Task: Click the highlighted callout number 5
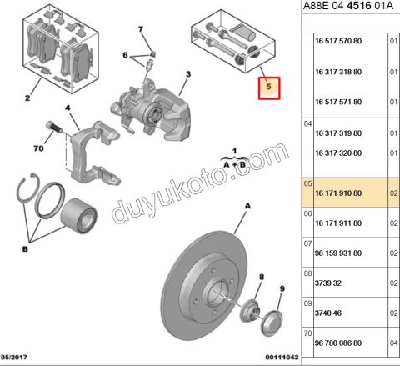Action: [x=268, y=87]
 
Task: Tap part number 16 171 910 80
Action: [x=338, y=193]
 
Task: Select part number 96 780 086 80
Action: [x=338, y=343]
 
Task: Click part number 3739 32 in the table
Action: [x=328, y=283]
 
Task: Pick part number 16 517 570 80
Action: [x=338, y=41]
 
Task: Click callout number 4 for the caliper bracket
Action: [x=67, y=108]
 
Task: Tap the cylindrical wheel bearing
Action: [x=78, y=216]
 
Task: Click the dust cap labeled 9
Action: [x=272, y=323]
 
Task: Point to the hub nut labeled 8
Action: [x=250, y=311]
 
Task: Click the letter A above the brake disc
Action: [x=247, y=206]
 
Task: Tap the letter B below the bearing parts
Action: [x=25, y=249]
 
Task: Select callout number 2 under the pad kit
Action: [x=27, y=98]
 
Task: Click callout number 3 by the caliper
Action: [x=188, y=74]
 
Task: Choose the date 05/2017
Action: [x=14, y=357]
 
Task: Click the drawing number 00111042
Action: [x=282, y=358]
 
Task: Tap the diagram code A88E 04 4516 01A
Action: [x=348, y=6]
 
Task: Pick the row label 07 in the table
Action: [x=307, y=243]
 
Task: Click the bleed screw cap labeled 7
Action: [x=152, y=53]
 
